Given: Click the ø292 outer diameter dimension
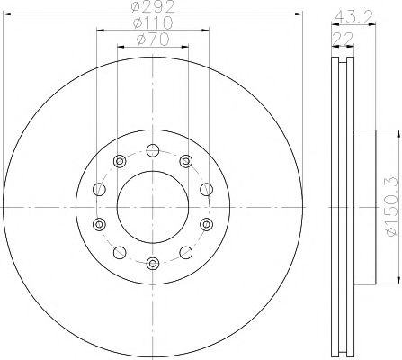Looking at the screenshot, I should click(x=152, y=10).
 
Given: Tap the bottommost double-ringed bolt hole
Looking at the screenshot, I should click(x=152, y=262).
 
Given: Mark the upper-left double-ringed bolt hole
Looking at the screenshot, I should click(x=119, y=161).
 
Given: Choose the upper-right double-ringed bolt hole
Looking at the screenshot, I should click(x=185, y=161).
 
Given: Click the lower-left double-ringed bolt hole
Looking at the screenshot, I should click(x=99, y=223).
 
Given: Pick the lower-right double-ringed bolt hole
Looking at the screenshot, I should click(x=206, y=223).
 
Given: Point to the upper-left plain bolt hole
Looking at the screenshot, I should click(x=99, y=189).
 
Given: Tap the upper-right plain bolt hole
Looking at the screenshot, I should click(x=206, y=189).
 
